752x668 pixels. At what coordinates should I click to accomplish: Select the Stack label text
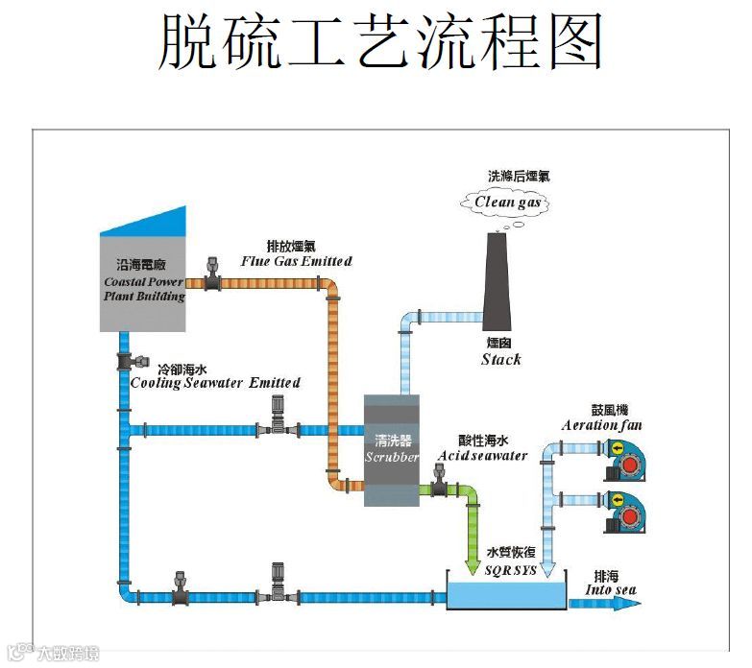(x=500, y=359)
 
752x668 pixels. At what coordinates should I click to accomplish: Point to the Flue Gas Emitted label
(x=296, y=261)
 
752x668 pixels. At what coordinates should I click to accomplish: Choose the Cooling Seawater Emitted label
(x=215, y=382)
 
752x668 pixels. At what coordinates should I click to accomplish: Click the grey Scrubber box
(x=392, y=451)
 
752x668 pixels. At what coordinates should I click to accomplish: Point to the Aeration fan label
(x=602, y=425)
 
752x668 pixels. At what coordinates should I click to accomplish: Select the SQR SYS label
(x=511, y=570)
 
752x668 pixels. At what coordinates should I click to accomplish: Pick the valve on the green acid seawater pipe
(x=440, y=483)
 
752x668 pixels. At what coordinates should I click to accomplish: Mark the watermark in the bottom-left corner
(x=52, y=653)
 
